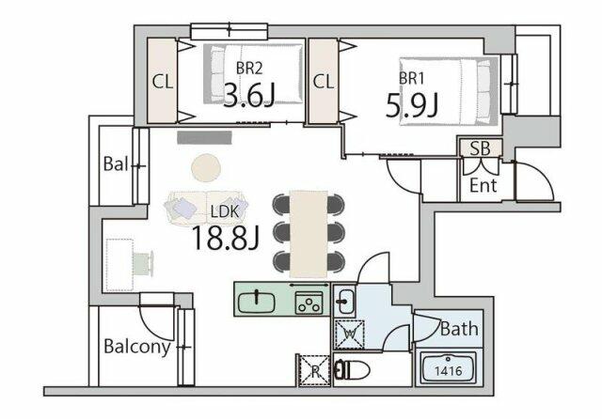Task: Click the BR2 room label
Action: tap(248, 69)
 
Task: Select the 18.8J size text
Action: tap(226, 238)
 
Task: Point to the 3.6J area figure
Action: tap(248, 95)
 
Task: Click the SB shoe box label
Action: tap(481, 148)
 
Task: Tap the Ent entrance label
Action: tap(483, 186)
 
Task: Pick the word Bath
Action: tap(459, 329)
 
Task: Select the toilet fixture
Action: tap(352, 371)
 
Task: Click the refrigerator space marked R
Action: tap(314, 370)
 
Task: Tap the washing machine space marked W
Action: tap(349, 334)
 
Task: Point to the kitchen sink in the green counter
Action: tap(257, 302)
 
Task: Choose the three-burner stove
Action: tap(309, 303)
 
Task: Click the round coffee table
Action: tap(206, 167)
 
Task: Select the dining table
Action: tap(309, 234)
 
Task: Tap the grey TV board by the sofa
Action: tap(205, 137)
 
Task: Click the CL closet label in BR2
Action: tap(163, 82)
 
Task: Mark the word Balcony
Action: tap(137, 347)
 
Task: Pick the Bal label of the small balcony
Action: tap(115, 164)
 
